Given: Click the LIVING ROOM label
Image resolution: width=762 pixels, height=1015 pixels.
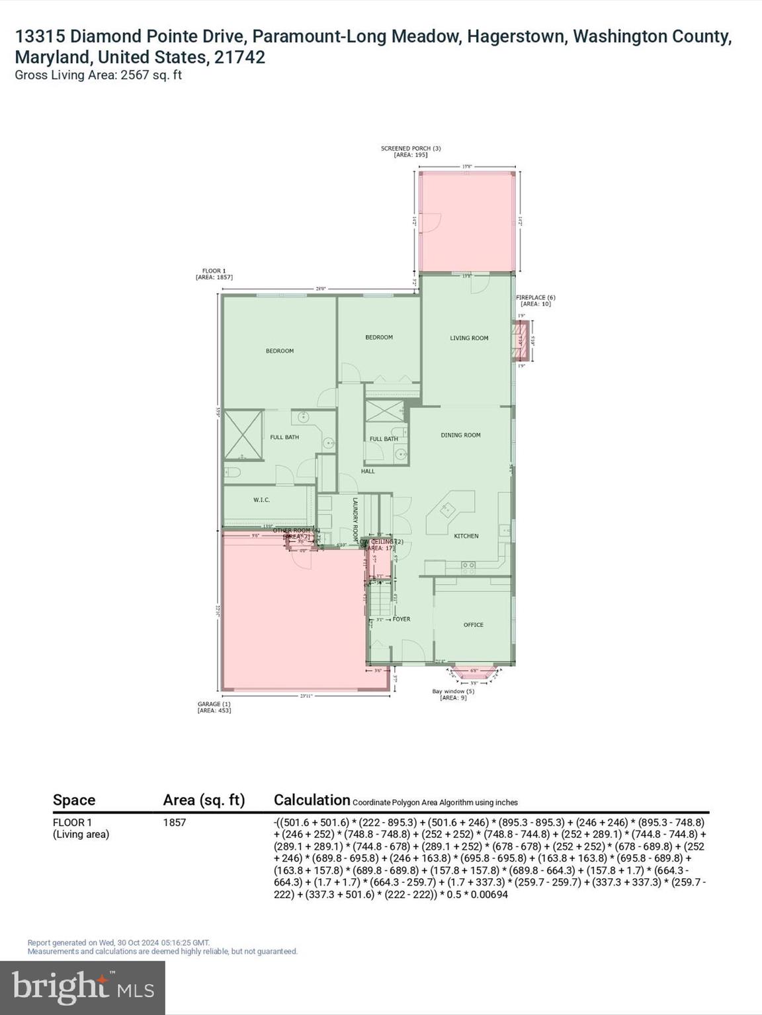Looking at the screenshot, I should click(469, 338).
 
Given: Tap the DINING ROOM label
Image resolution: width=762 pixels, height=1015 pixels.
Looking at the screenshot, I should click(460, 435).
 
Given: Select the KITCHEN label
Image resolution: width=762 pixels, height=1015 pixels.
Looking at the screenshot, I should click(466, 536).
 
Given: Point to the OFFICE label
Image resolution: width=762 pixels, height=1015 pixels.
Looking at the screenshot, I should click(473, 624).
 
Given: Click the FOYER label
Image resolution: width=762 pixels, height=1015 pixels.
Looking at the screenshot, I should click(402, 619).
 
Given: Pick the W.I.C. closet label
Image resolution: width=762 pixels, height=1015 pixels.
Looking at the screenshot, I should click(261, 500).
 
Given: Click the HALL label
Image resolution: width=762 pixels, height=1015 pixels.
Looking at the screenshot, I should click(368, 471).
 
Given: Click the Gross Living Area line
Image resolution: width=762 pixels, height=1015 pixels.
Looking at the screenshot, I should click(98, 75).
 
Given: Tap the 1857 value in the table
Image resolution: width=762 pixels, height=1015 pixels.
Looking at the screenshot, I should click(175, 823).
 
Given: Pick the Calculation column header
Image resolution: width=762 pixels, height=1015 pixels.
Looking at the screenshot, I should click(312, 800).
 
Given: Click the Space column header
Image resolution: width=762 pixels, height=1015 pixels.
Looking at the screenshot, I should click(74, 800).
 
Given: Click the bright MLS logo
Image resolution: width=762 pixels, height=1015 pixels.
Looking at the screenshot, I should click(83, 987).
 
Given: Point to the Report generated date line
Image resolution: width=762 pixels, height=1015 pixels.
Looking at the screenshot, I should click(118, 943).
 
